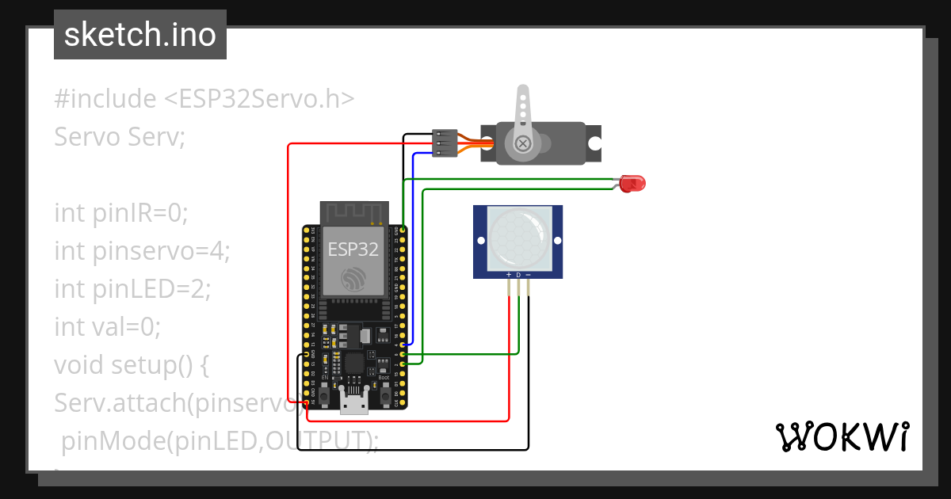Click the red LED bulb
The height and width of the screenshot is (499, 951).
click(633, 184)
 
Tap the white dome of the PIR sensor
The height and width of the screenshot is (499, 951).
click(518, 235)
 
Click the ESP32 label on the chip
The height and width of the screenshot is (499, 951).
click(353, 249)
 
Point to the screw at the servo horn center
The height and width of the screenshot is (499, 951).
click(523, 143)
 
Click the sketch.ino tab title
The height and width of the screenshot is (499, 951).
click(140, 35)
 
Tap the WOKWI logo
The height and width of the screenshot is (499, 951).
click(842, 436)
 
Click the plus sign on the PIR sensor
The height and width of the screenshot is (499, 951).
click(508, 275)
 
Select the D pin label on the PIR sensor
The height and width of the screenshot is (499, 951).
click(518, 275)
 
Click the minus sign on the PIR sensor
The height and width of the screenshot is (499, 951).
click(529, 275)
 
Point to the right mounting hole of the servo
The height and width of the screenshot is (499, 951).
click(594, 143)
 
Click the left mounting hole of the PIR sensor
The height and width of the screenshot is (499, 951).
click(479, 240)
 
